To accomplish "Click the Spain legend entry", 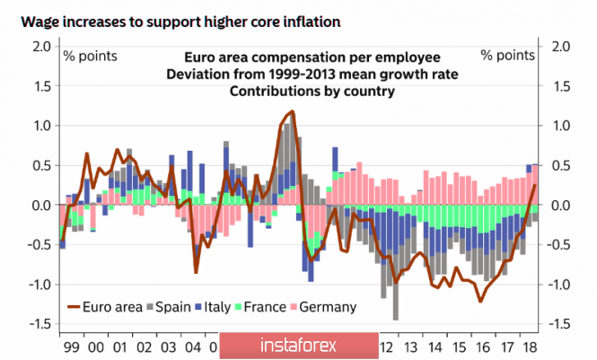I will pyautogui.click(x=171, y=306).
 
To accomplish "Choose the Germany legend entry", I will pyautogui.click(x=324, y=306).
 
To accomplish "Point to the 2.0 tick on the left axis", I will pyautogui.click(x=40, y=46).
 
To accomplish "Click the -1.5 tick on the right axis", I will pyautogui.click(x=558, y=324).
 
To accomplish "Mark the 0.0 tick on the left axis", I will pyautogui.click(x=40, y=206).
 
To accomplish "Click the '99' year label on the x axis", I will pyautogui.click(x=71, y=347).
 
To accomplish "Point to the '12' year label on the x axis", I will pyautogui.click(x=387, y=347).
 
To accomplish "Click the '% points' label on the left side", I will pyautogui.click(x=89, y=56).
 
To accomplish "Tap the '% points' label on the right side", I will pyautogui.click(x=507, y=56).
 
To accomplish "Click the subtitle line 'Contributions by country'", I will pyautogui.click(x=300, y=91).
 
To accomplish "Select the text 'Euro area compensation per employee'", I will pyautogui.click(x=299, y=56).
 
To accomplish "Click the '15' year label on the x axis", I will pyautogui.click(x=458, y=347).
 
